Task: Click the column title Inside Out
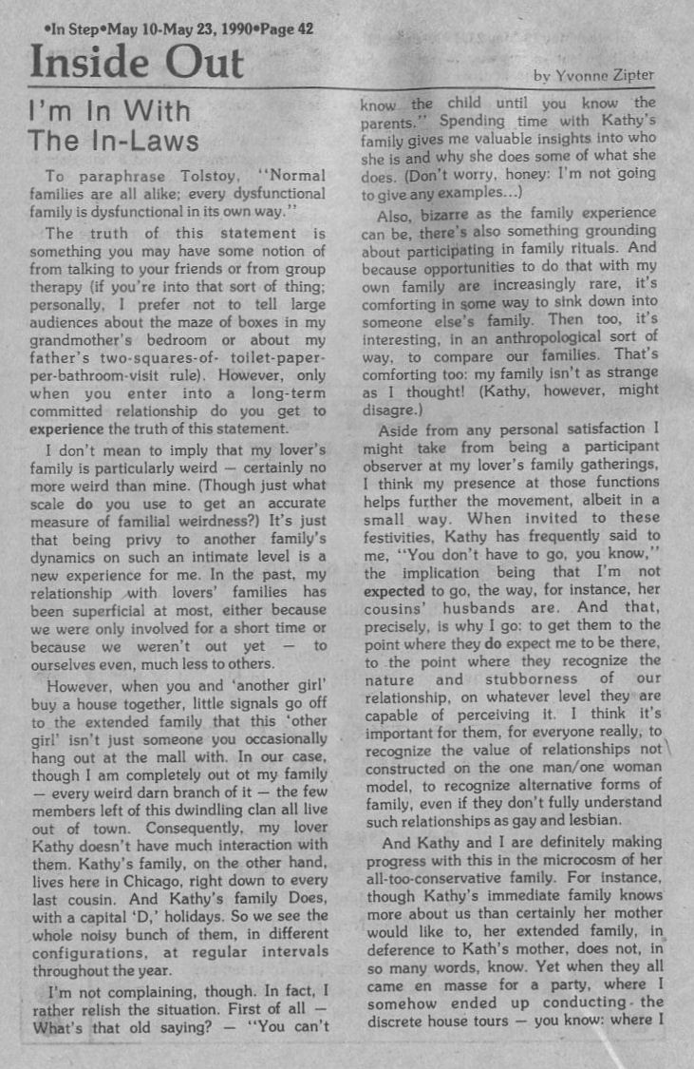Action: click(x=137, y=63)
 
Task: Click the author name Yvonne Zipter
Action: click(x=613, y=74)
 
